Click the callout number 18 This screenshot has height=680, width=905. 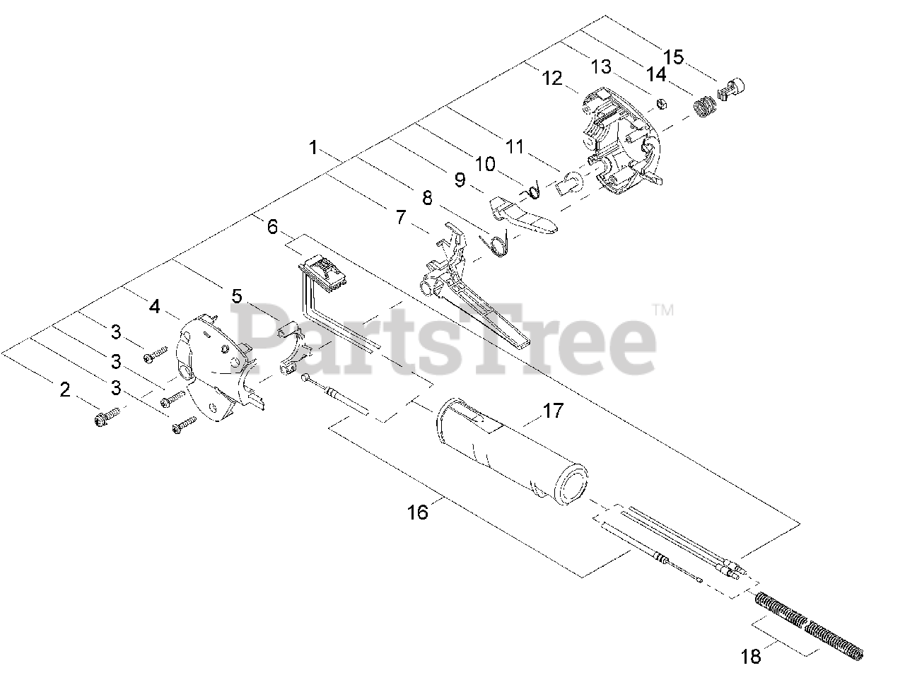[751, 657]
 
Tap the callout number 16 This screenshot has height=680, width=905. [419, 511]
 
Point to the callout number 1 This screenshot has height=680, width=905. [313, 148]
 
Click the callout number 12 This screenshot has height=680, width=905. [551, 77]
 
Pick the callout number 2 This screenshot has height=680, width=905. [65, 389]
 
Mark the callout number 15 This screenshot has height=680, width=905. [674, 57]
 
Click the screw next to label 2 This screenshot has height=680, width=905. [106, 416]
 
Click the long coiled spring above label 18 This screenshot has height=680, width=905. [806, 621]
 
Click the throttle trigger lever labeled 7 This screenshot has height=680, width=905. [467, 290]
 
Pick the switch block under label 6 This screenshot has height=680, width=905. [325, 273]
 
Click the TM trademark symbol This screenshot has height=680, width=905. [662, 310]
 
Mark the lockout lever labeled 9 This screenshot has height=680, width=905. [523, 216]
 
